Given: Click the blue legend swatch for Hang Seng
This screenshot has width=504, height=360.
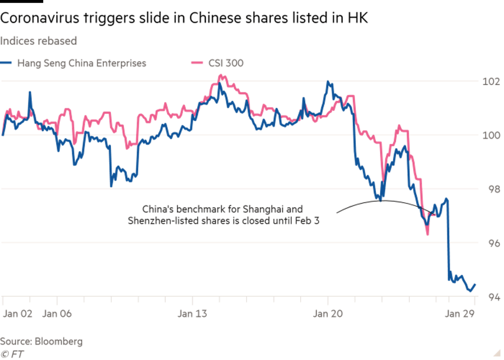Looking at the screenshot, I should (x=7, y=63).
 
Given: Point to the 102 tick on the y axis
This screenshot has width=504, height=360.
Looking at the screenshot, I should (x=491, y=81).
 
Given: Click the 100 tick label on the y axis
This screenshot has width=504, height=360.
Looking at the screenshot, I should (x=491, y=135).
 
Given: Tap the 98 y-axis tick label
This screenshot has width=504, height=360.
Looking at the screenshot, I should (x=493, y=189).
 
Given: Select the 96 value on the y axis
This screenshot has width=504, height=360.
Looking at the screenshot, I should (x=493, y=243).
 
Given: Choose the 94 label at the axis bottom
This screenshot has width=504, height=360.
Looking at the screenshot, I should (x=493, y=297).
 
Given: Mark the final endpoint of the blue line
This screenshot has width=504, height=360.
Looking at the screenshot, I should (x=476, y=284).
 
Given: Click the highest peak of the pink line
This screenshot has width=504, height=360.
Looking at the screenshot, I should (x=221, y=75).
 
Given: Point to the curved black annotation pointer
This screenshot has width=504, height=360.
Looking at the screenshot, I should (x=381, y=201).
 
